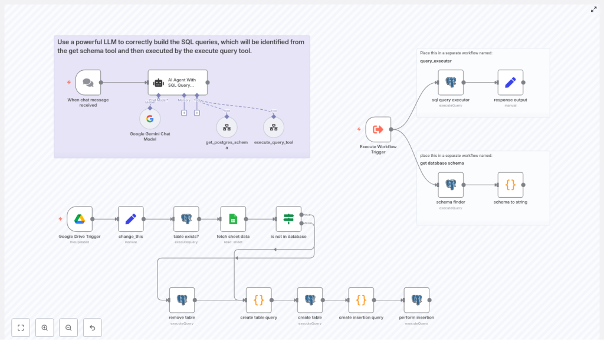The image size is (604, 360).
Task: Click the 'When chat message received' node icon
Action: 88,83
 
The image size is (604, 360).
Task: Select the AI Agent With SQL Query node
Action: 178,83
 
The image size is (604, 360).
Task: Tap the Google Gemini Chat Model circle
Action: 150,119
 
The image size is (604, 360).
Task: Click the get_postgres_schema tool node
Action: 226,127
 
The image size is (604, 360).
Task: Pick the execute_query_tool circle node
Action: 274,127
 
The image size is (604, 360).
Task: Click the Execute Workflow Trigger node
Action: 378,129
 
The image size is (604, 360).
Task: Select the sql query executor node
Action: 451,83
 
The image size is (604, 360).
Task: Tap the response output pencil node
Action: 510,83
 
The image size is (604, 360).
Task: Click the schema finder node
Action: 451,185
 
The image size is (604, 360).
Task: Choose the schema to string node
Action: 510,185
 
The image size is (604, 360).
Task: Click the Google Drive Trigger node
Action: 80,219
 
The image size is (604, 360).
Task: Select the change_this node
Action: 131,219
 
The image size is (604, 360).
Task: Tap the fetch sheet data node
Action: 233,219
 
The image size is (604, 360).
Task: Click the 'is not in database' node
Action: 288,219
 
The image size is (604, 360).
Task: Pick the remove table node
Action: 182,300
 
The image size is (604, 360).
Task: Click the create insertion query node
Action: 361,300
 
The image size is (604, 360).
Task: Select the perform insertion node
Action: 416,300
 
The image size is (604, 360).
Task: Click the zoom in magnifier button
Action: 45,328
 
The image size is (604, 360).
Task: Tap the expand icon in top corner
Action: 593,9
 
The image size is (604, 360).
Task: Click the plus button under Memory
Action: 184,113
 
